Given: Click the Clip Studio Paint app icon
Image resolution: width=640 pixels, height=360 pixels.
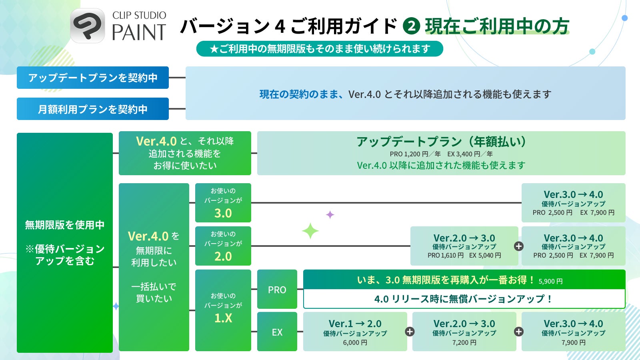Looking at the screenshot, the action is pos(88,26).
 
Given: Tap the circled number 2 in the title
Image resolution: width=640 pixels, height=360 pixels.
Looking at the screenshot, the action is pos(412,26).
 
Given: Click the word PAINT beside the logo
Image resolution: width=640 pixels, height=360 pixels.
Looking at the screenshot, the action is pos(139,32).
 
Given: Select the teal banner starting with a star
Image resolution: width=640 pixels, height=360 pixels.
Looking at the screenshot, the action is pos(320,49).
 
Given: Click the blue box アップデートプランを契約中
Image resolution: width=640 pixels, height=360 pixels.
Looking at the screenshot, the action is pos(93,78).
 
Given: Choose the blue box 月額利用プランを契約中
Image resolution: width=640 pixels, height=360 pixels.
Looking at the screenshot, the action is pos(93,109).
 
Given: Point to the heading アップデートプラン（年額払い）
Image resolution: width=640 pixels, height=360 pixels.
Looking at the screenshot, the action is pos(441,142).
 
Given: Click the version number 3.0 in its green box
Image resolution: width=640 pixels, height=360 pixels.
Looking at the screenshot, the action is pos(223,213).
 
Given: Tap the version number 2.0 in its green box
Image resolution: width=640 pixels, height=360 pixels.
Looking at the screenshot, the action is pos(223,256).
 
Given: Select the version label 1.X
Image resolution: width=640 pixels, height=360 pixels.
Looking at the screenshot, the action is pos(223,318).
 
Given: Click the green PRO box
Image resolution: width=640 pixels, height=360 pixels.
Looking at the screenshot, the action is pos(277,290).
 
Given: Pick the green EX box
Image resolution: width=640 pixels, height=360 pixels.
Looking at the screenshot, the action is pos(277,332).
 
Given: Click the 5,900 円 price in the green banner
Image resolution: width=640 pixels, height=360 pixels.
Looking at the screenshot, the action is pos(550,281).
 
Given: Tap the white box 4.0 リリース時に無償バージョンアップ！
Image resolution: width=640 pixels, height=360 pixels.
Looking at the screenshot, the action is pos(464,299).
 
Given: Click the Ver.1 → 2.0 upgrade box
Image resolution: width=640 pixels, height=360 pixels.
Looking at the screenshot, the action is pos(355,332).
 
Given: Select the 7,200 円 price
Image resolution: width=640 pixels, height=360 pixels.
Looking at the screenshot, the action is pos(464,343).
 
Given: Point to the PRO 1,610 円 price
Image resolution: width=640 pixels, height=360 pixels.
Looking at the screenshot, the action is pos(446,256).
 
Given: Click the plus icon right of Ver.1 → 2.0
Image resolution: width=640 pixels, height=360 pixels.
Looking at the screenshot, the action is pos(410,332).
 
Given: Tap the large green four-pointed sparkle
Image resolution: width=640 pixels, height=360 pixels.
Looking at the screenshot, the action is pos(310,231).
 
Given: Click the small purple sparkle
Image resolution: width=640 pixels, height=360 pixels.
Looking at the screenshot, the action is pos(330,215).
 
